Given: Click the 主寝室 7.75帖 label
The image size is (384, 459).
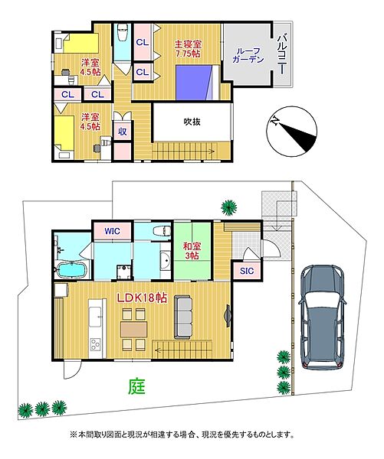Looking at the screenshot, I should (x=188, y=49).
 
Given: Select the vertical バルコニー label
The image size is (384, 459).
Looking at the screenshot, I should (x=282, y=53).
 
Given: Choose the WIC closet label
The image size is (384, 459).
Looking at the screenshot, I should (x=112, y=228).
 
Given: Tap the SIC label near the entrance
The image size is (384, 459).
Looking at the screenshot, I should (x=246, y=271).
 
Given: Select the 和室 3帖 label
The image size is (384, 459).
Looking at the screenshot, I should (x=192, y=252).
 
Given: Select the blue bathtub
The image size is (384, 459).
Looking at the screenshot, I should (x=74, y=270).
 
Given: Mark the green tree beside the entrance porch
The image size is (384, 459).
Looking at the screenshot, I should (x=228, y=206).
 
